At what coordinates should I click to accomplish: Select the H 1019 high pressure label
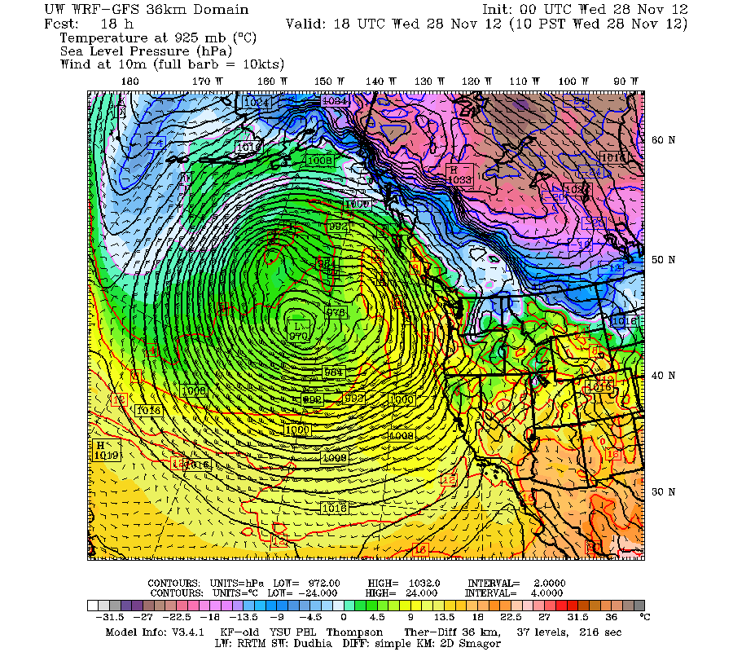click(x=107, y=451)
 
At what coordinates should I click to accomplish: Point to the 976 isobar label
click(x=336, y=312)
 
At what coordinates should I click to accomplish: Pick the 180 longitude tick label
click(x=129, y=81)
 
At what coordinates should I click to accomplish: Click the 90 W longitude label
click(x=625, y=81)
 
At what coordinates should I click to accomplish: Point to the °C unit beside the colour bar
click(x=643, y=618)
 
